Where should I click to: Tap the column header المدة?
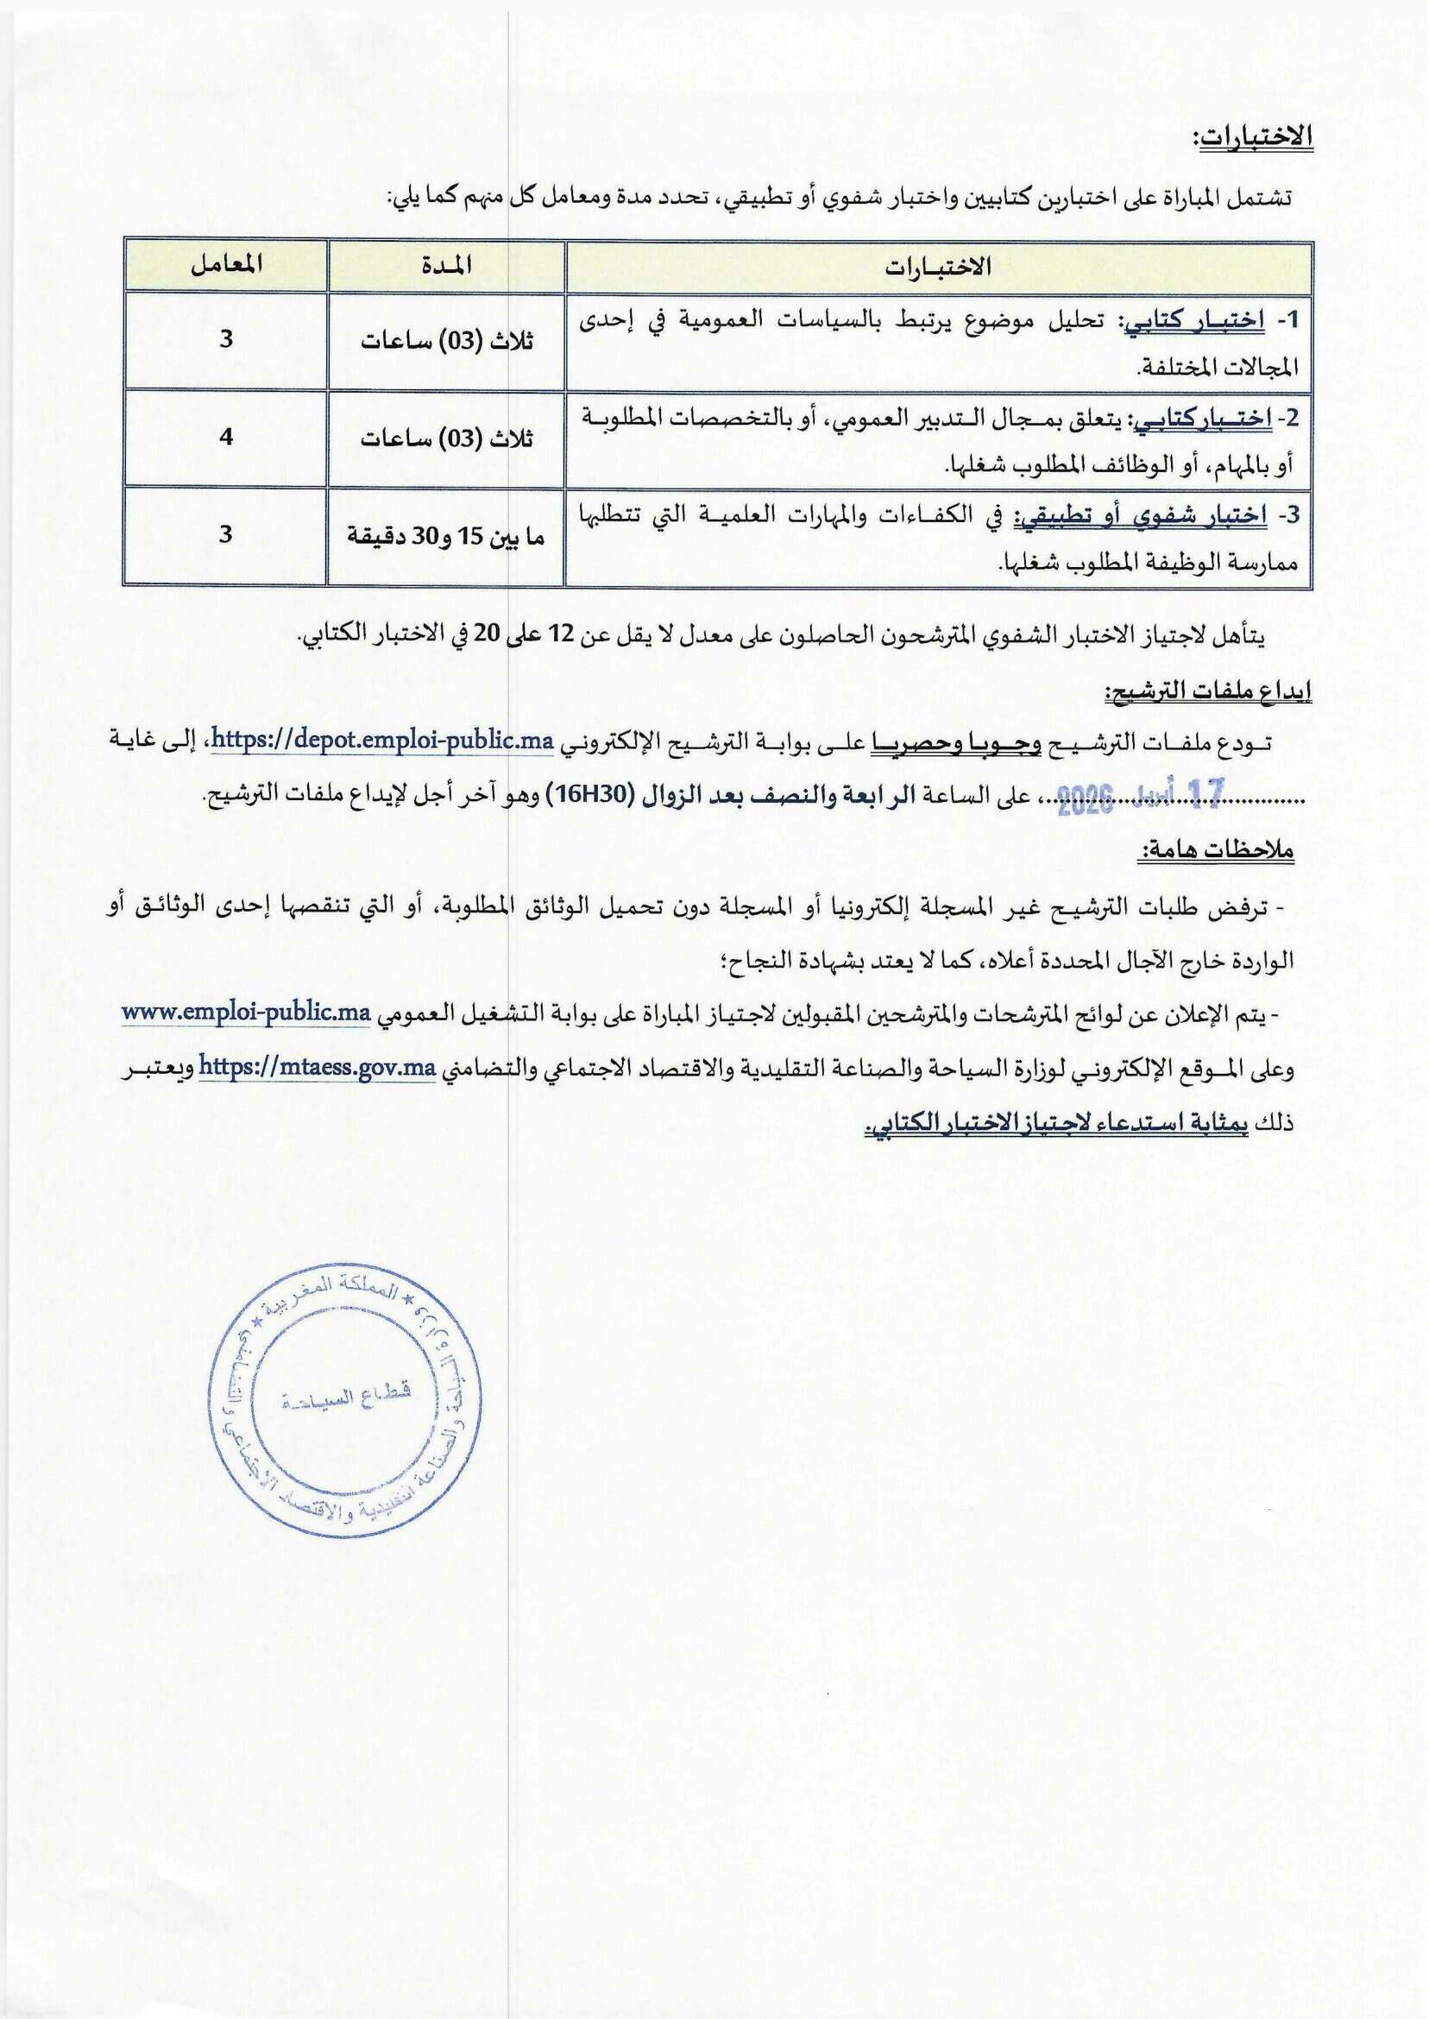(x=445, y=265)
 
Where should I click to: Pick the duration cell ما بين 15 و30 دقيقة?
(x=445, y=535)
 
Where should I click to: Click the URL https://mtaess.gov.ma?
(x=318, y=1069)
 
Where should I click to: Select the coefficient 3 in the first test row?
(x=226, y=339)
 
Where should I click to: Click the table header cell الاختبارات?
(x=938, y=267)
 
